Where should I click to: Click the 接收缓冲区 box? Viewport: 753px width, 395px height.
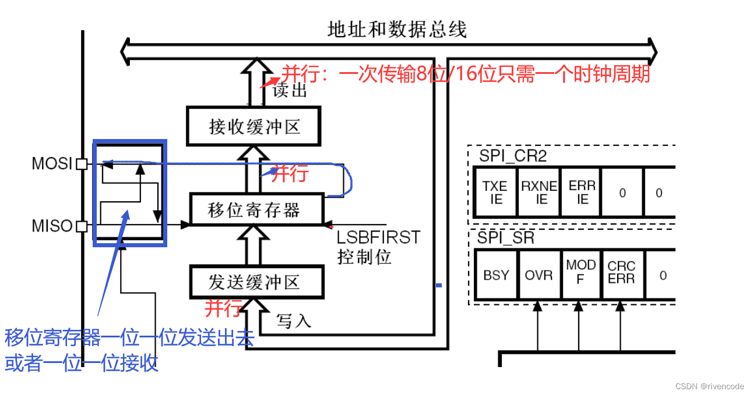pyautogui.click(x=254, y=126)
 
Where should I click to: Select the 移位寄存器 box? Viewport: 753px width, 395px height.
pyautogui.click(x=256, y=210)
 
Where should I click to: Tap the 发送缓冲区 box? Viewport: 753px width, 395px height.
pyautogui.click(x=256, y=282)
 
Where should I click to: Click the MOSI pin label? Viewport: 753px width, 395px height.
pyautogui.click(x=52, y=164)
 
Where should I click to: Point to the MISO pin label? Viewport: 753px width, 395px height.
pyautogui.click(x=52, y=226)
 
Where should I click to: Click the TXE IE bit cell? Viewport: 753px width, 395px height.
pyautogui.click(x=495, y=193)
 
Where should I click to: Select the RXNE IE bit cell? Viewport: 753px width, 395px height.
pyautogui.click(x=539, y=193)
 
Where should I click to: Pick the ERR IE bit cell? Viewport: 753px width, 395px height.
pyautogui.click(x=582, y=193)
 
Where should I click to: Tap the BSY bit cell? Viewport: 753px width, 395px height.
pyautogui.click(x=496, y=275)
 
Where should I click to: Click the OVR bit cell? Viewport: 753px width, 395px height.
pyautogui.click(x=539, y=275)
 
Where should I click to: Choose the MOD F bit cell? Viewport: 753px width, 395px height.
pyautogui.click(x=580, y=272)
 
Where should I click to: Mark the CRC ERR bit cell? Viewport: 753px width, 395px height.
pyautogui.click(x=621, y=272)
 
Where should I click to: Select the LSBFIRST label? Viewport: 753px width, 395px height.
pyautogui.click(x=378, y=237)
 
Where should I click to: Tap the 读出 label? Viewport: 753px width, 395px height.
pyautogui.click(x=289, y=90)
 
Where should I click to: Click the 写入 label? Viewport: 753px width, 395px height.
pyautogui.click(x=294, y=321)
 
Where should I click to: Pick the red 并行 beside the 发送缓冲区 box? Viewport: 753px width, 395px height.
pyautogui.click(x=223, y=308)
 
